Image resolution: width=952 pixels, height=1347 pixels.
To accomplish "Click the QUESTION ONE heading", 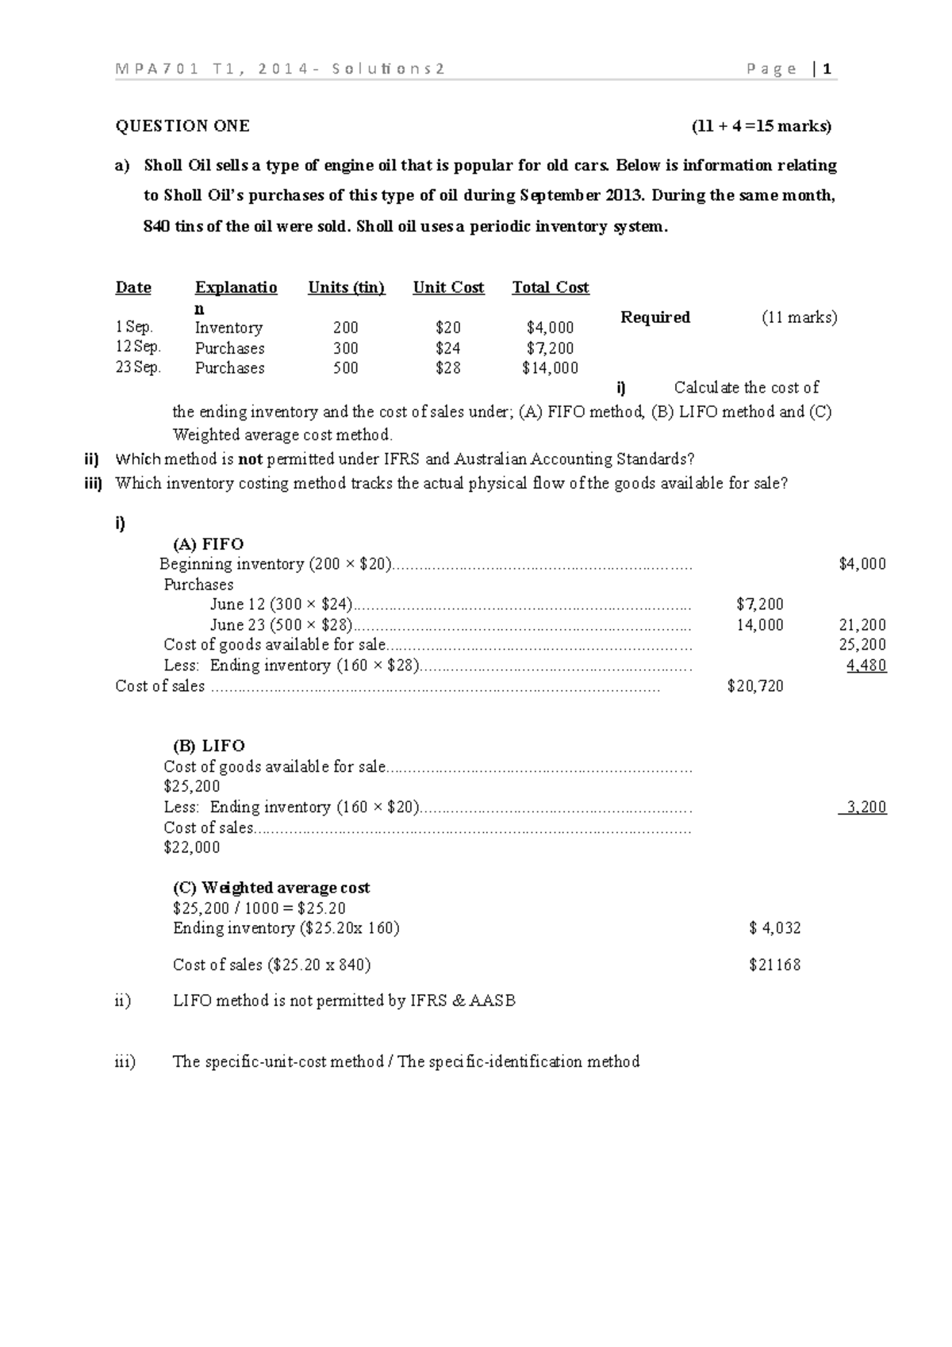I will point(182,126).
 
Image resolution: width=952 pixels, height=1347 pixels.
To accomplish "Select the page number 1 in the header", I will point(827,69).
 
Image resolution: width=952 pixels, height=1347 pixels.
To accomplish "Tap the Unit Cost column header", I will point(448,288).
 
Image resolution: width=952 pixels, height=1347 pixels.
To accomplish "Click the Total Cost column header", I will point(551,288).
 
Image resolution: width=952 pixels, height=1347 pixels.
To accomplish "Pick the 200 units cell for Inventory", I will point(346,328).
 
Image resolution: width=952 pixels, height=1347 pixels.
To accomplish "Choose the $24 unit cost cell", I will point(448,348).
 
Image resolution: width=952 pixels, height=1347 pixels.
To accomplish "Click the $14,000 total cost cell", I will point(551,368).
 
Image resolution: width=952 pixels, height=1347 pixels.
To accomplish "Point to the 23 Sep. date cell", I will point(138,367).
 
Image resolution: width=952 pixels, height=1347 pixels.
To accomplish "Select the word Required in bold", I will point(655,317).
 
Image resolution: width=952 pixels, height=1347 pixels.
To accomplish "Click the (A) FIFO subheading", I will point(208,544).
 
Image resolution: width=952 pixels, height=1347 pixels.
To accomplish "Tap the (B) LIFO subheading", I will point(209,746).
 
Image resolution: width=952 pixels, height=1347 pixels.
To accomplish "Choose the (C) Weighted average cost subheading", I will point(271,888).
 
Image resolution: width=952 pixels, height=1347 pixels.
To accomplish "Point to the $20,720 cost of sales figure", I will point(755,686).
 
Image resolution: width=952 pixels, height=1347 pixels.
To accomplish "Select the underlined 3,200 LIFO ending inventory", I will point(866,808).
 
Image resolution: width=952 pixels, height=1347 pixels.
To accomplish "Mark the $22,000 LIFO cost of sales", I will point(192,847).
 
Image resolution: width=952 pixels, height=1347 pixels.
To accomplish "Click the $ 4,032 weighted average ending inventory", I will point(775,928).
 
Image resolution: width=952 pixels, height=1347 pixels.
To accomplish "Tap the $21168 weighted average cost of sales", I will point(775,965).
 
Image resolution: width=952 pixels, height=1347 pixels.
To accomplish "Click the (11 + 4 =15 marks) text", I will point(762,126).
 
